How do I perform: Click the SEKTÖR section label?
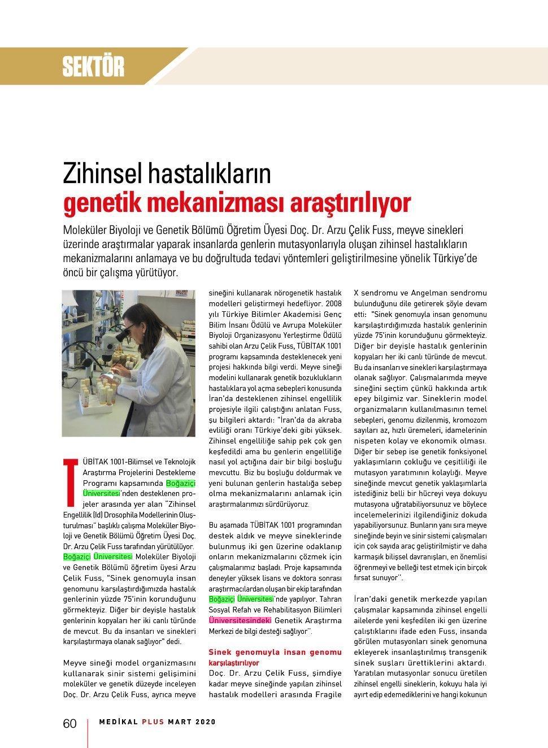coord(93,67)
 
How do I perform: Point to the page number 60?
coord(69,724)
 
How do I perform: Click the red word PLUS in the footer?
coord(153,721)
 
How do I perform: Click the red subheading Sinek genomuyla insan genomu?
coord(275,652)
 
